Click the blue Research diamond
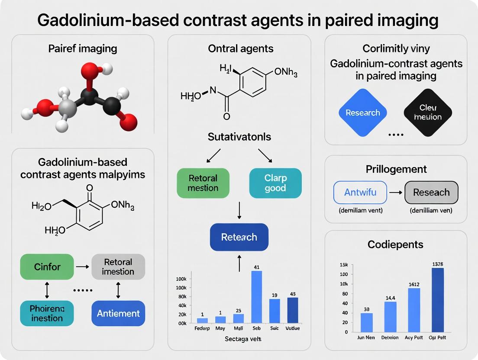coord(363,112)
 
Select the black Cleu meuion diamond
coord(428,112)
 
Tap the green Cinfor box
coord(47,267)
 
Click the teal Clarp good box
coord(275,183)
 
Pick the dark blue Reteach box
coord(239,237)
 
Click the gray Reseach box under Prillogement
coord(431,193)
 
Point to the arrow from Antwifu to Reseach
coord(396,193)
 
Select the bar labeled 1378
coord(437,299)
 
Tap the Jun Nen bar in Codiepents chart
coord(366,322)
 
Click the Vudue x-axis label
coord(293,328)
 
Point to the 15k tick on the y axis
coord(344,265)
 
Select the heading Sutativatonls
coord(239,137)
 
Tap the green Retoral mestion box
coord(203,183)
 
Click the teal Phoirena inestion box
coord(47,313)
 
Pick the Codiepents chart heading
coord(395,244)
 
